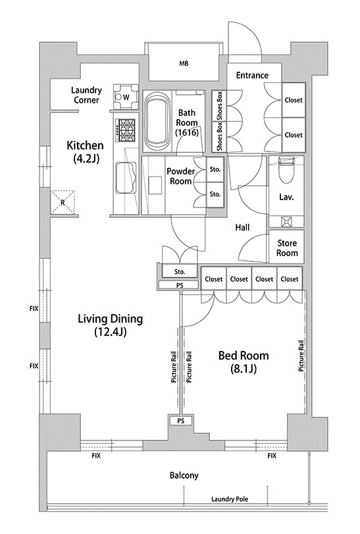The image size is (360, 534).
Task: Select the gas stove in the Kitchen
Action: coord(126,130)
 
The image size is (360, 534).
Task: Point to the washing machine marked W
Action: coord(126,96)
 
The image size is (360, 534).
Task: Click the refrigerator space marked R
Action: coord(63,203)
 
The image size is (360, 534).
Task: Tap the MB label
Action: coord(184,63)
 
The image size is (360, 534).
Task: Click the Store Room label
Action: coord(287,248)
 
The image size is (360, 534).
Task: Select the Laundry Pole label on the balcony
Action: coord(230,499)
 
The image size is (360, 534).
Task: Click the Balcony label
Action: coord(184,475)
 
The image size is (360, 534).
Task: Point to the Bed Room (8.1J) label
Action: coord(244,362)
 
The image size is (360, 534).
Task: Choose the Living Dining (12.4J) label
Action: coord(111,325)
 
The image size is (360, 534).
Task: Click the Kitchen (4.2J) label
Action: coord(85,151)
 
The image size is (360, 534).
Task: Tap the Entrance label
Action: coord(252,75)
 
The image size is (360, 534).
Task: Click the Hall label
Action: coord(242,227)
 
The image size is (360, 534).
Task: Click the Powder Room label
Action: coord(181,176)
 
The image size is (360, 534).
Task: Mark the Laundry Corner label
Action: coord(86,95)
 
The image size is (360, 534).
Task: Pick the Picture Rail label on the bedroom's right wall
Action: coord(301,356)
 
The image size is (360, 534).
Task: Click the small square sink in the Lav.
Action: coord(286,222)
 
